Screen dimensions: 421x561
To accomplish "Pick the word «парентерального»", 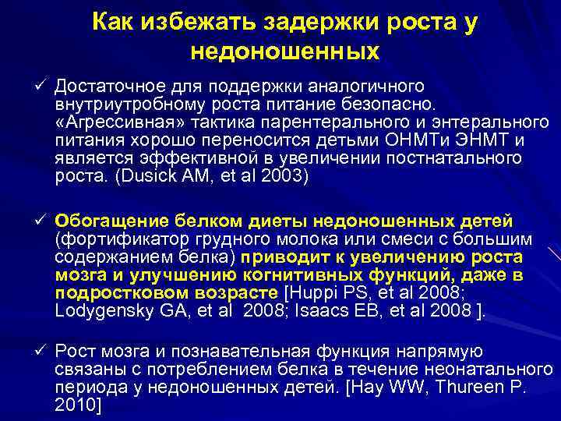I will tap(312, 121).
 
